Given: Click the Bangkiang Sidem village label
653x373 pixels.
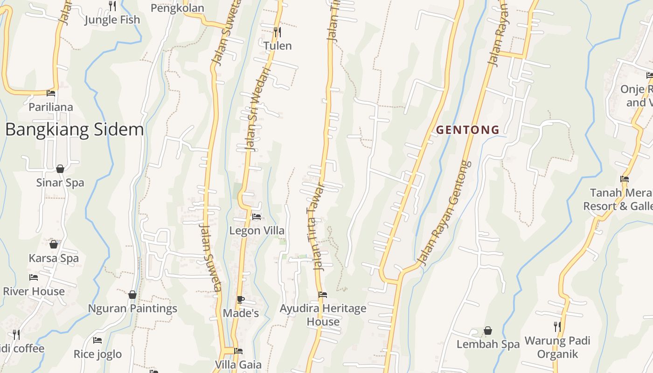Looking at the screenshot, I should pos(75,129).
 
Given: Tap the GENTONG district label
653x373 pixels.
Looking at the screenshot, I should pos(467,130).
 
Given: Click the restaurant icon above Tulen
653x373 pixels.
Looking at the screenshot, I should pos(277,32).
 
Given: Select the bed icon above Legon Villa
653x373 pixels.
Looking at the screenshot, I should pos(256,217).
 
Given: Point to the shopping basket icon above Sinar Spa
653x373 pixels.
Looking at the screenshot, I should pos(60,169).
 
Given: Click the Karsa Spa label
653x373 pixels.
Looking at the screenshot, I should pos(54,258).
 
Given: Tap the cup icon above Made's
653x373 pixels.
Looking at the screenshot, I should pos(241,299).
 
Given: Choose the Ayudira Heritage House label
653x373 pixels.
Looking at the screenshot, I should pos(323,315).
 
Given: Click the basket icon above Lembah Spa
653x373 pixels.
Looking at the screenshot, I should pos(488,331).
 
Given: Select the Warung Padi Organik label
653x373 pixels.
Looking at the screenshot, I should pos(557,347).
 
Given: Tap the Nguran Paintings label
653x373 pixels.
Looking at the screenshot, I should pos(132,308).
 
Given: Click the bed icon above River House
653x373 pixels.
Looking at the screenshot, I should pos(34,277).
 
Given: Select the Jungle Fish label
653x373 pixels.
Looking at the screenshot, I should pos(112,20).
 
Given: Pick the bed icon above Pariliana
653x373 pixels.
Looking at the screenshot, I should pos(51,93).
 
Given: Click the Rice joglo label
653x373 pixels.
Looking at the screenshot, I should pos(97,354).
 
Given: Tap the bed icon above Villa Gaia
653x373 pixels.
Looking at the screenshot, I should pos(238,351).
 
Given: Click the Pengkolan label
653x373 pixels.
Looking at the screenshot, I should pos(177,8).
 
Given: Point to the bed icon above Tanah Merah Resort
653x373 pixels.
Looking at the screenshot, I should pos(625,179).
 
